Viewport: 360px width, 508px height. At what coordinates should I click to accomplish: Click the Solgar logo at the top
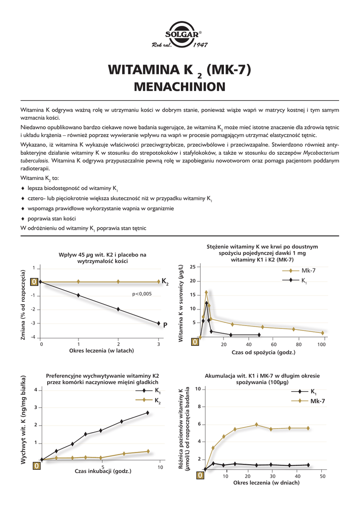(x=180, y=34)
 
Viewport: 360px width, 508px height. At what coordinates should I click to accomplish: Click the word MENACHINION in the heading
(x=180, y=87)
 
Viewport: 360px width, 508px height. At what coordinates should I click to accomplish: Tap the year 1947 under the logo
(x=200, y=46)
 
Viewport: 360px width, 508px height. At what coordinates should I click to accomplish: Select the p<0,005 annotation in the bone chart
(x=142, y=294)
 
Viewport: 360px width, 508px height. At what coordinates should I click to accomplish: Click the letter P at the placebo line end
(x=165, y=325)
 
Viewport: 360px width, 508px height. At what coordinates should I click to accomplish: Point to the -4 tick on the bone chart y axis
(x=34, y=337)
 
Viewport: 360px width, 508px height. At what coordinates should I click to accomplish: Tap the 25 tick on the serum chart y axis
(x=193, y=267)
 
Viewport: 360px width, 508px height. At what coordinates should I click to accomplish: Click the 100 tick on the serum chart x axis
(x=322, y=344)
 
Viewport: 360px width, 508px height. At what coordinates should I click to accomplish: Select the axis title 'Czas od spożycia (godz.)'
(x=263, y=352)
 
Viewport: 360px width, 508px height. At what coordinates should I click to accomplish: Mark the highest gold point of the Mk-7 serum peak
(x=206, y=292)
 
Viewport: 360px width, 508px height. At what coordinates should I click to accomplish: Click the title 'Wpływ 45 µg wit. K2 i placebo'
(x=103, y=255)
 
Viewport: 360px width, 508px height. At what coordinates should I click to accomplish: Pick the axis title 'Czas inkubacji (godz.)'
(x=103, y=471)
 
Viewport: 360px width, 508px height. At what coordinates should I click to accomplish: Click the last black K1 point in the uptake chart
(x=147, y=413)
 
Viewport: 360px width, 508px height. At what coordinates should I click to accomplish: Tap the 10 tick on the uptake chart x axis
(x=160, y=467)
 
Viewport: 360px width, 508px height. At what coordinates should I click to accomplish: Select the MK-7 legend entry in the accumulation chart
(x=318, y=401)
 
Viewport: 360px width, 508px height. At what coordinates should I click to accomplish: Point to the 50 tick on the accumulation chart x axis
(x=323, y=476)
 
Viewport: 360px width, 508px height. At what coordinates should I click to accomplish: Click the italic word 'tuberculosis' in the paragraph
(x=34, y=161)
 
